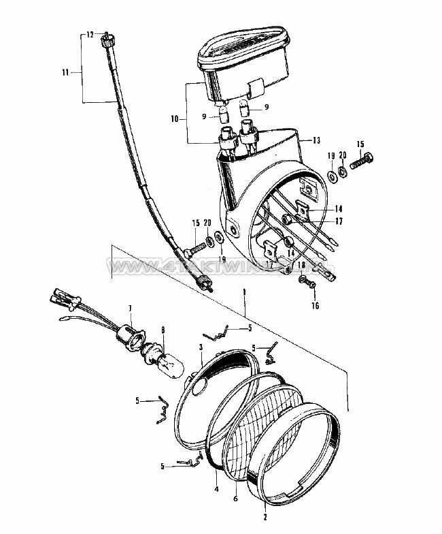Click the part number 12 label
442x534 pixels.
click(x=88, y=33)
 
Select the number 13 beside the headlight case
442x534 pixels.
click(x=316, y=140)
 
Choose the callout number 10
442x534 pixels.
click(x=175, y=118)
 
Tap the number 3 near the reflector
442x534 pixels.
click(x=201, y=347)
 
